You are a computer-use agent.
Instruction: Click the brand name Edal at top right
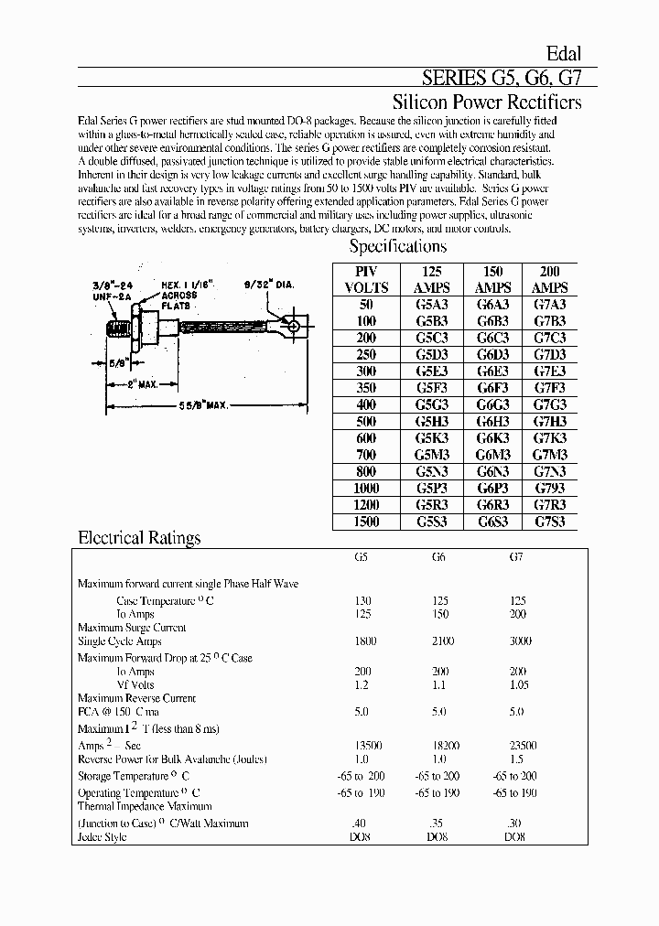click(x=564, y=54)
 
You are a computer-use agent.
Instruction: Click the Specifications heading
click(x=398, y=246)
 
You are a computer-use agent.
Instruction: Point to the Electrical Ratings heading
click(x=139, y=538)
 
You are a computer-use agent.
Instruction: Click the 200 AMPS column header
click(x=548, y=278)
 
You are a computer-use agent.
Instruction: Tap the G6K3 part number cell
click(x=493, y=437)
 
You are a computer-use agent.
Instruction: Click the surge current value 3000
click(x=518, y=642)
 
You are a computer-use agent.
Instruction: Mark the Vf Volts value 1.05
click(x=518, y=684)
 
